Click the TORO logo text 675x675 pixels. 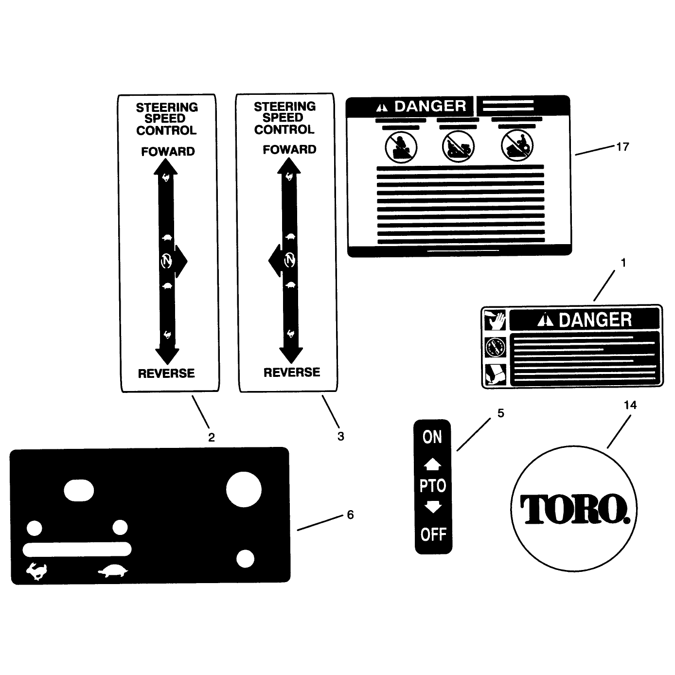(574, 509)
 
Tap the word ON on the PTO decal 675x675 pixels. (432, 437)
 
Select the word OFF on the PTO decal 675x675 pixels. (433, 534)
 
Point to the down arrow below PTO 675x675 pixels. (433, 507)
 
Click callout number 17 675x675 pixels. (622, 146)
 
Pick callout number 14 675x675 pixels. (630, 405)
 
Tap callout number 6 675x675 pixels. (350, 515)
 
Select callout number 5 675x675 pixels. (501, 413)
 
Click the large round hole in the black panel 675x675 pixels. (244, 489)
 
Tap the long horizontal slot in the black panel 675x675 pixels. (77, 549)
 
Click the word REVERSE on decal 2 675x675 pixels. (166, 373)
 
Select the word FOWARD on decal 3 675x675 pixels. (289, 150)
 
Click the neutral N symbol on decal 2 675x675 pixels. (166, 261)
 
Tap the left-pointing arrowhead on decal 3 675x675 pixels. (275, 260)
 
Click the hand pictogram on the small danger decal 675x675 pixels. (495, 320)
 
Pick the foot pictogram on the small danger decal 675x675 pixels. (495, 374)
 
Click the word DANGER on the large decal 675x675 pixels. (430, 106)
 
